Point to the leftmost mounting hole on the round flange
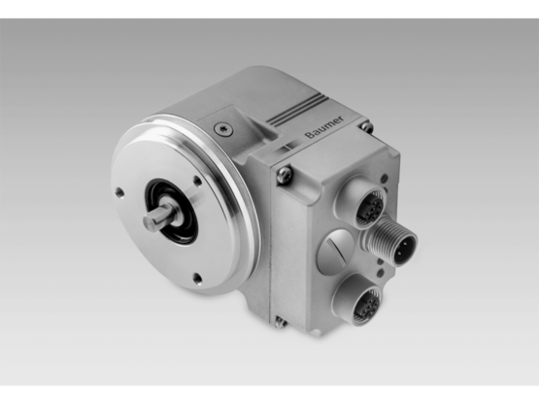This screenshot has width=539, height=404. tap(119, 192)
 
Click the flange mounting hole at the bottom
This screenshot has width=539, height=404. tap(196, 278)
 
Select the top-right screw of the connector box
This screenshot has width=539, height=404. tap(365, 127)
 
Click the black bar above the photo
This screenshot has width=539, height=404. tap(269, 8)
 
